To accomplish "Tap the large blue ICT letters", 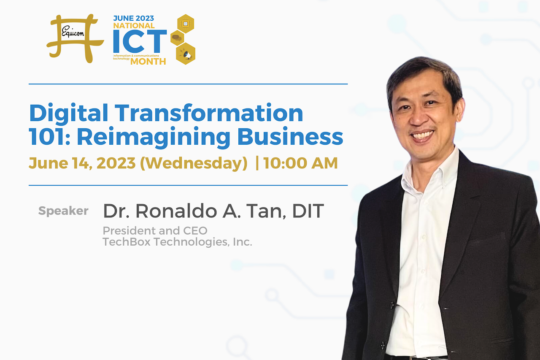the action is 140,41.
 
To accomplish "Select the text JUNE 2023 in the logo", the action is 133,18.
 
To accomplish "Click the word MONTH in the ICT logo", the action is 148,62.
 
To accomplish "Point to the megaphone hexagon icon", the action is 186,54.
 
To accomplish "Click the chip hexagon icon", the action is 186,24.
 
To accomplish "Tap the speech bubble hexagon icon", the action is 177,38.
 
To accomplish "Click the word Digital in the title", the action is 68,114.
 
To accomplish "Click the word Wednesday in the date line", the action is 194,163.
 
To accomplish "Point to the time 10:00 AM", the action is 300,163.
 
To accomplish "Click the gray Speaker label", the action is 63,211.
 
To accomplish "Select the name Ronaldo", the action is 176,211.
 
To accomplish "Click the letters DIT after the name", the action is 308,211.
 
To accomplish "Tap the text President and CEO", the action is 155,231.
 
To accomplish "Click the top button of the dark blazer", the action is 392,305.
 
